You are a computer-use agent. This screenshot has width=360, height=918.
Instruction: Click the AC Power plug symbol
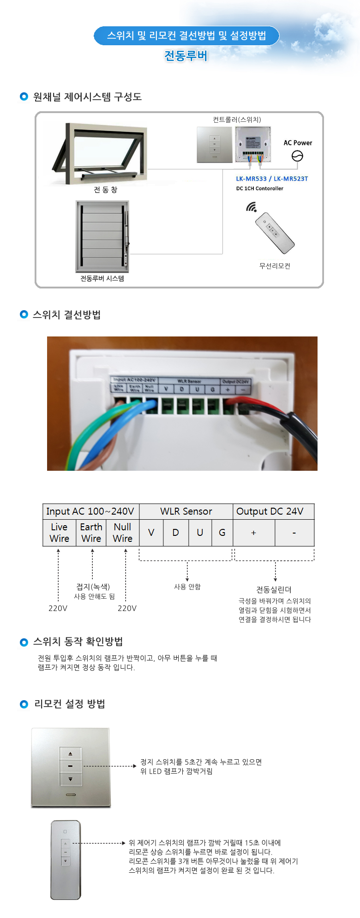pos(297,156)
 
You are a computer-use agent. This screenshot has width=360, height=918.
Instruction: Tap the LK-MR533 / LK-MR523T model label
pos(272,179)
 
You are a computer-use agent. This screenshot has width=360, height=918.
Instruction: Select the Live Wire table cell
pos(59,533)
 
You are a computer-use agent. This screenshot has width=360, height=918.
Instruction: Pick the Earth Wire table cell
pos(91,533)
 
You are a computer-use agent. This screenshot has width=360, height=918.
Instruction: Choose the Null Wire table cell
pos(122,533)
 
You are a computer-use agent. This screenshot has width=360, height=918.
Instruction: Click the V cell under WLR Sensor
pos(151,533)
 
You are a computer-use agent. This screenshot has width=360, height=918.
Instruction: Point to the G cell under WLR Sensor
pos(222,533)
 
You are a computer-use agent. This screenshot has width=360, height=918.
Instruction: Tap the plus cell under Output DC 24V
pos(253,533)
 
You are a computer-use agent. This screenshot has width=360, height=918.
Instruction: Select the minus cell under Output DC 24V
pos(294,533)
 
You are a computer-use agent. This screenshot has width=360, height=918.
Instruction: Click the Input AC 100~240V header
pos(90,511)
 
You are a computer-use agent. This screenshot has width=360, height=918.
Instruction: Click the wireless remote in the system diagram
pos(275,233)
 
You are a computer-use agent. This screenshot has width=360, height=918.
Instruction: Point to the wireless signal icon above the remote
pos(251,207)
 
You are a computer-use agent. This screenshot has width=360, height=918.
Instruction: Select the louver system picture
pos(102,236)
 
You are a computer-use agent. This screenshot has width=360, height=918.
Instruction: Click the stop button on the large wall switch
pos(70,766)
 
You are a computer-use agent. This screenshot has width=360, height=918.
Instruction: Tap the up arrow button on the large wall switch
pos(70,754)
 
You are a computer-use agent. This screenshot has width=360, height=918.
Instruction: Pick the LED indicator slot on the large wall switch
pos(71,795)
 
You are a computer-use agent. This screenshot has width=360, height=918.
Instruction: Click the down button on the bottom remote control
pos(65,861)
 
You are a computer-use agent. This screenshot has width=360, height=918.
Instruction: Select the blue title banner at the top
pos(186,36)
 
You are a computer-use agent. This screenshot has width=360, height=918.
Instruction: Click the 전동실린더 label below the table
pos(274,589)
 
